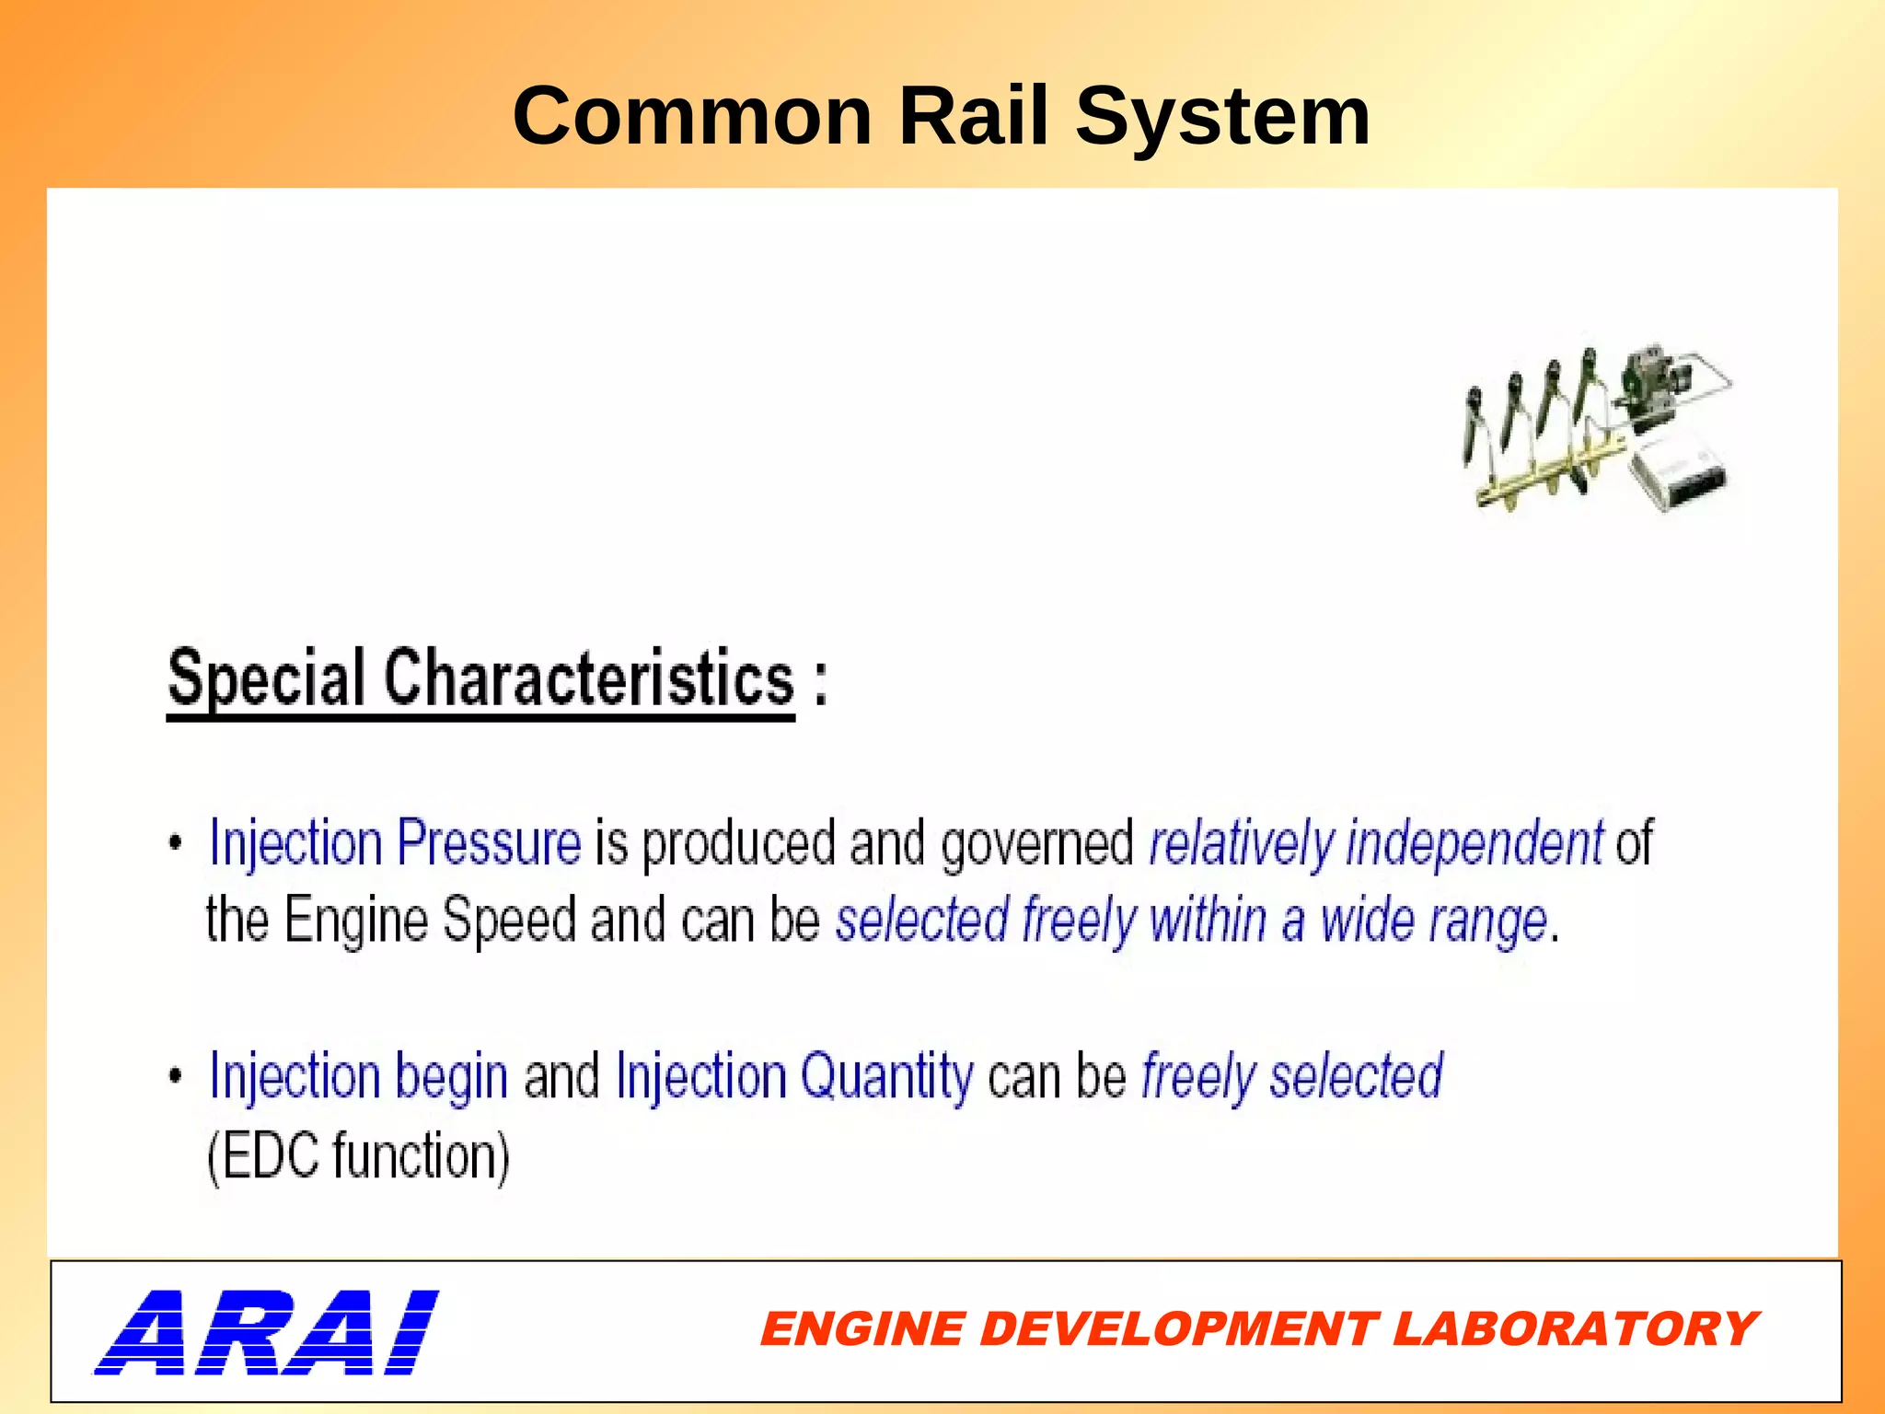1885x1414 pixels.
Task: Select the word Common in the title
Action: pyautogui.click(x=692, y=116)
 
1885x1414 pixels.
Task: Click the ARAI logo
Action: pyautogui.click(x=266, y=1332)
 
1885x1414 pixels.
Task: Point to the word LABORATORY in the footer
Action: pyautogui.click(x=1575, y=1329)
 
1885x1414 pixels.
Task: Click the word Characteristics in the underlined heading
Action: pyautogui.click(x=588, y=678)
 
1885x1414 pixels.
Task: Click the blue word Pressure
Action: pyautogui.click(x=489, y=843)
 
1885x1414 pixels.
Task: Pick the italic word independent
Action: pyautogui.click(x=1474, y=843)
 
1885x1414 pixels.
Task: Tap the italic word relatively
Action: pyautogui.click(x=1242, y=843)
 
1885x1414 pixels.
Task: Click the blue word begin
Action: pyautogui.click(x=451, y=1077)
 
